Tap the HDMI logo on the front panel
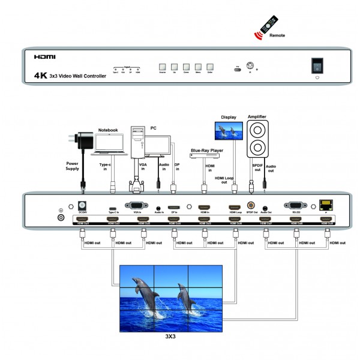click(x=45, y=58)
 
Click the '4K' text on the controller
click(x=41, y=76)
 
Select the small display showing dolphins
click(x=228, y=132)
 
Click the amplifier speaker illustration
click(x=257, y=139)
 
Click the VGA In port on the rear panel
click(x=137, y=205)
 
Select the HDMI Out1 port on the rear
click(x=81, y=220)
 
